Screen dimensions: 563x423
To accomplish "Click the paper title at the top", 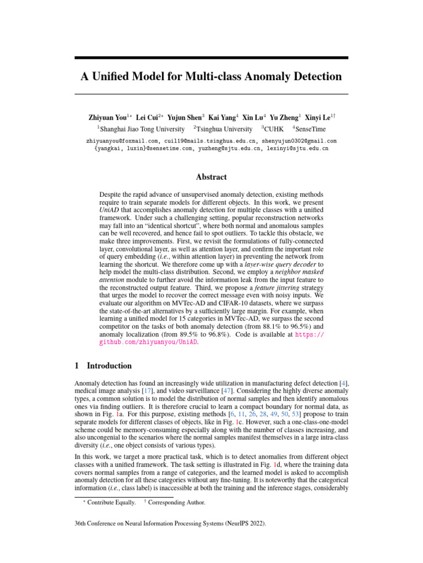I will tap(211, 76).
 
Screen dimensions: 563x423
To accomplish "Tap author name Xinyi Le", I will tap(319, 118).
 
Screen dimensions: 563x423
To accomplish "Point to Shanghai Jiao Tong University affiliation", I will tap(142, 129).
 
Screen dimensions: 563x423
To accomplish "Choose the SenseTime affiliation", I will tap(309, 129).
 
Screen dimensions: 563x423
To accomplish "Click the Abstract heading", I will tap(211, 177).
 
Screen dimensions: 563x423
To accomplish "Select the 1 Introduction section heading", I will tap(103, 366).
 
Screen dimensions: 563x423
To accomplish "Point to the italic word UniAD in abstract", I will tap(109, 210).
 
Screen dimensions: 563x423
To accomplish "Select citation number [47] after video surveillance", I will tap(226, 390).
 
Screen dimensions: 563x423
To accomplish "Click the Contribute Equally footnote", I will tap(110, 503).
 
